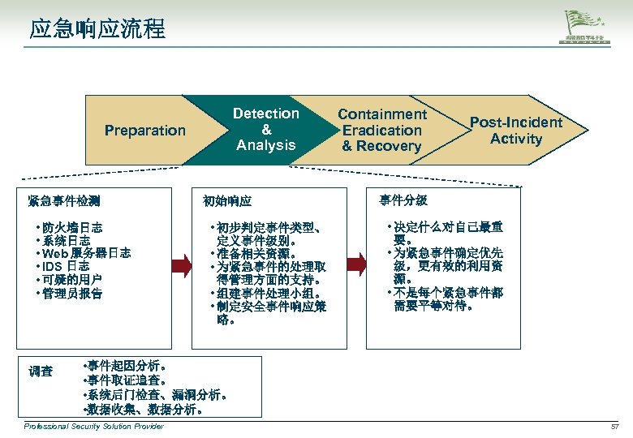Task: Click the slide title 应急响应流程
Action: coord(97,30)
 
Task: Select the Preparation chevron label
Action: coord(145,131)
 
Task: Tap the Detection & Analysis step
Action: coord(265,130)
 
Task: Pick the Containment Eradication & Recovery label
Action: coord(381,131)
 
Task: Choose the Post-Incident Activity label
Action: coord(515,131)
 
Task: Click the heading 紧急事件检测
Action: coord(63,200)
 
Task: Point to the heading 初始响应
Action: coord(227,200)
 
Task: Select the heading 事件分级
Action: coord(403,200)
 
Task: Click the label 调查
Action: coord(41,371)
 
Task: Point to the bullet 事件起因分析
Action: coord(122,366)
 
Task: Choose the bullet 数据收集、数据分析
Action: coord(143,410)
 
